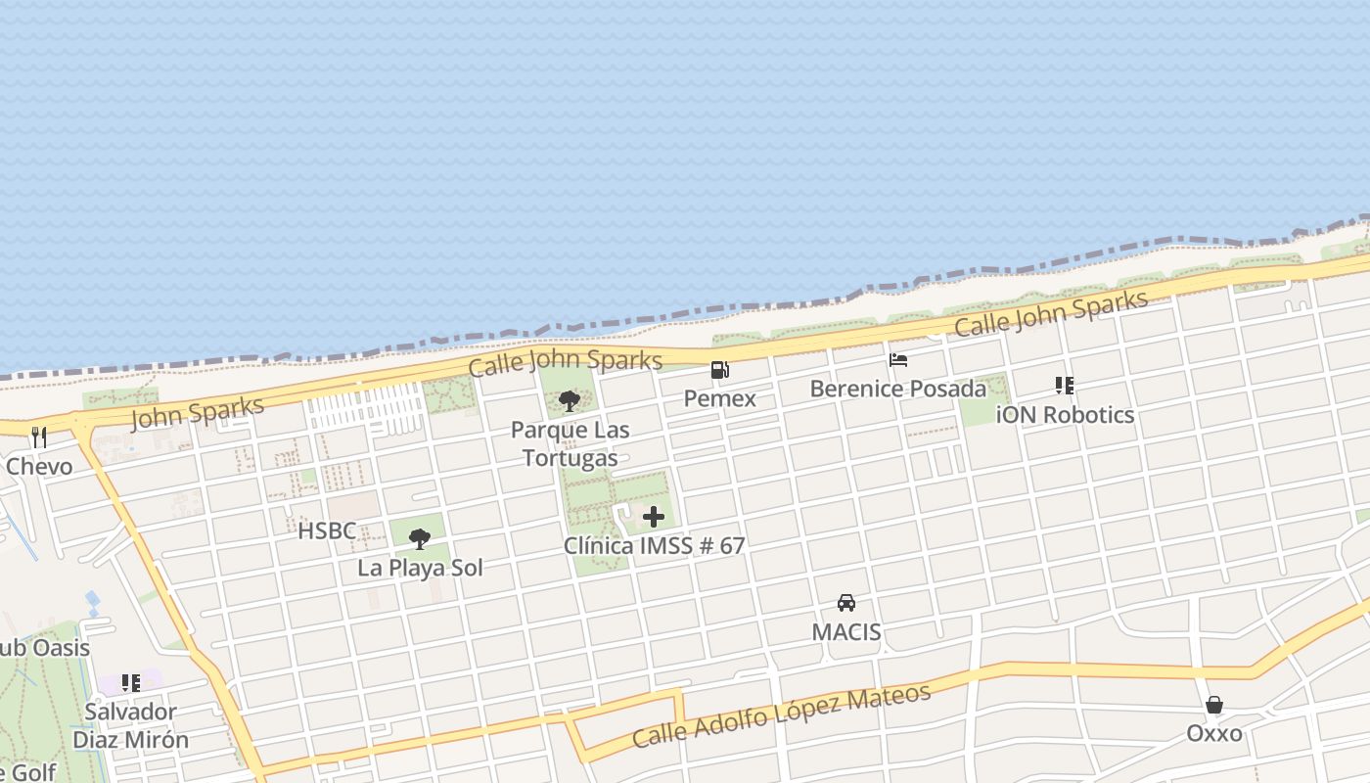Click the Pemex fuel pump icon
tap(719, 370)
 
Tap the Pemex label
tap(719, 398)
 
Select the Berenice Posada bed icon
tap(897, 360)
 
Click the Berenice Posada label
tap(898, 389)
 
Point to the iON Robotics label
tap(1065, 414)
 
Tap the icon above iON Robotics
tap(1064, 386)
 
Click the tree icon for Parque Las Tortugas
tap(569, 400)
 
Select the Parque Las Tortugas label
tap(570, 443)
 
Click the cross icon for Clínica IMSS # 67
tap(654, 517)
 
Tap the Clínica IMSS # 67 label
tap(654, 545)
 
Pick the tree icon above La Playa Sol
tap(420, 538)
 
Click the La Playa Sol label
tap(420, 568)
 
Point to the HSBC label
tap(327, 530)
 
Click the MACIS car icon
tap(846, 603)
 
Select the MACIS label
tap(846, 631)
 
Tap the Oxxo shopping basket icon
tap(1214, 705)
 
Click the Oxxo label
tap(1214, 733)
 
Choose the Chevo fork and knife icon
tap(39, 438)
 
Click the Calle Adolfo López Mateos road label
tap(781, 715)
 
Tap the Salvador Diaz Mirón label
tap(131, 725)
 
